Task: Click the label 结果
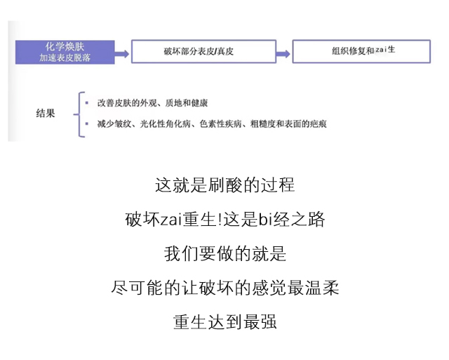(46, 113)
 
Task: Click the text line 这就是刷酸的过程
(224, 185)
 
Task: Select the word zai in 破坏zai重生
(171, 220)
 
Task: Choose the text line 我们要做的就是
(224, 253)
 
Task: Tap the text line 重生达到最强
(224, 321)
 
